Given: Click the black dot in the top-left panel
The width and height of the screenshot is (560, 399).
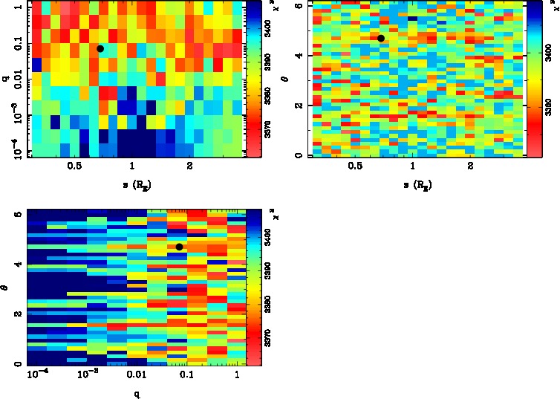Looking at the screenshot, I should [100, 48].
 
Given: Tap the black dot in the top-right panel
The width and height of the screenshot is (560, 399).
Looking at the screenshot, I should [381, 38].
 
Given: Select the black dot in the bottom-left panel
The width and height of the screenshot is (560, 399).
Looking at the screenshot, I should [180, 247].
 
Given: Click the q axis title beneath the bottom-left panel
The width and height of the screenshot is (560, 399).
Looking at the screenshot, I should [136, 394].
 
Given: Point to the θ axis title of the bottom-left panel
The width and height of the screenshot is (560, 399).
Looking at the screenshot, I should [5, 287].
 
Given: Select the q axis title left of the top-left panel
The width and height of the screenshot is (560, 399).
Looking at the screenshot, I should [5, 74].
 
